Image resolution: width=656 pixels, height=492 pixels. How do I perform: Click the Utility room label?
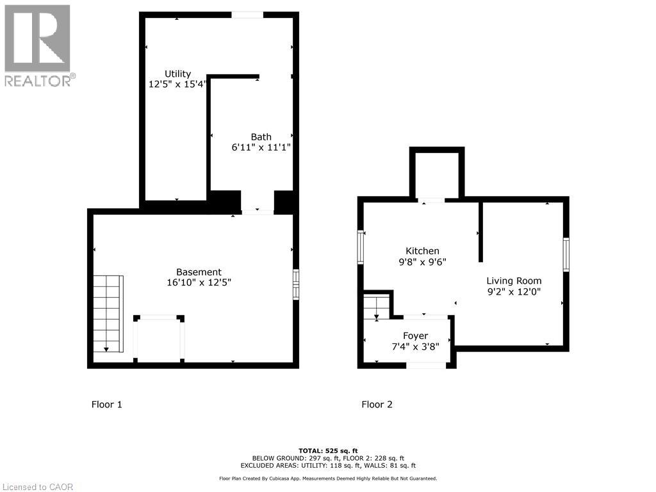[x=178, y=74]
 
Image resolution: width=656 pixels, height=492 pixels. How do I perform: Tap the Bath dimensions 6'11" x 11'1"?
[x=261, y=147]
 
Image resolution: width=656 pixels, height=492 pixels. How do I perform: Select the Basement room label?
[x=199, y=272]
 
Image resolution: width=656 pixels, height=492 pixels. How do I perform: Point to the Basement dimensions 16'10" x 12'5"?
[x=199, y=283]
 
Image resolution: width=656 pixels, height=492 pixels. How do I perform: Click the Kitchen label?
[x=423, y=251]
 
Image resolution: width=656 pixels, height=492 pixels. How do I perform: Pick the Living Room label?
[x=514, y=281]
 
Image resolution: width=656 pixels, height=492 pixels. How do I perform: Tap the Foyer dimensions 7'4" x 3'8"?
[x=415, y=347]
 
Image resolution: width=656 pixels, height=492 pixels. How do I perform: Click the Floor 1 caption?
[x=107, y=405]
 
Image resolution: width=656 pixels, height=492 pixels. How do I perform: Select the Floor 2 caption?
[x=377, y=405]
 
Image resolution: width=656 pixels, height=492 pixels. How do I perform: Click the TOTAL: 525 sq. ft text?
[x=328, y=450]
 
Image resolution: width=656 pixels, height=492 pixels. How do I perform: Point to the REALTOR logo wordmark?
[x=40, y=81]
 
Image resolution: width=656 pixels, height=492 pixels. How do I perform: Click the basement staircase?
[x=108, y=314]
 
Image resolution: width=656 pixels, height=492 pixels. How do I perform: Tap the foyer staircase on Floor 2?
[x=377, y=307]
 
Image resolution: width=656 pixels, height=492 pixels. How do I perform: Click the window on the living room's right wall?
[x=566, y=254]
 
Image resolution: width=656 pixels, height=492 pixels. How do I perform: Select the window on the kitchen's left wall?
[x=360, y=247]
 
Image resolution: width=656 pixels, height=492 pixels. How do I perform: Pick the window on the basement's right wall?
[x=296, y=284]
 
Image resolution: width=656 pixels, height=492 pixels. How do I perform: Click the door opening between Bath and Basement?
[x=258, y=211]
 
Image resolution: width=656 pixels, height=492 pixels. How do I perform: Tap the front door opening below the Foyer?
[x=426, y=366]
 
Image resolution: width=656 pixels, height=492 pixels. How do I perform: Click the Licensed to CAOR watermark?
[x=38, y=487]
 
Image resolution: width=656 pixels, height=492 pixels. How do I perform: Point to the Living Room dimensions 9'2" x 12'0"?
[x=514, y=291]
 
